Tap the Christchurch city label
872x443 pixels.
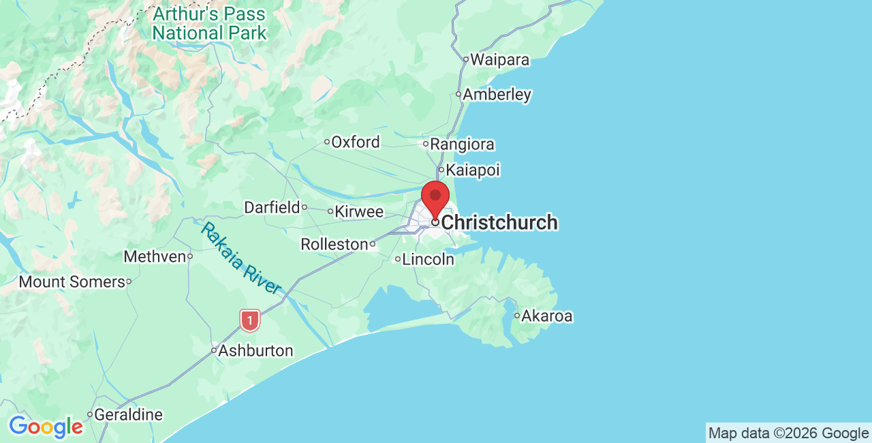[499, 223]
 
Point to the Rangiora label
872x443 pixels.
[462, 144]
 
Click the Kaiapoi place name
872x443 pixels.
[473, 170]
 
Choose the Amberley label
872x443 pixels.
[497, 95]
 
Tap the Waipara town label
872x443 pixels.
[499, 60]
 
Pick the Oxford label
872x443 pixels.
[356, 142]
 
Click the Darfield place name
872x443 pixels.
[272, 207]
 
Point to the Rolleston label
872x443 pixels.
[334, 244]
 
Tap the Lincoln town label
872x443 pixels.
[428, 259]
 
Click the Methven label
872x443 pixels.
[155, 257]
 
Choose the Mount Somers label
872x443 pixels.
[72, 281]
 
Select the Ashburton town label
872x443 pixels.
[255, 351]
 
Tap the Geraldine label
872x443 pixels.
[128, 414]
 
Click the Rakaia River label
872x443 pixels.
[240, 258]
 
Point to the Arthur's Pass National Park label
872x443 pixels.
[209, 23]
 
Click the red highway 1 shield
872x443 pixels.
[250, 320]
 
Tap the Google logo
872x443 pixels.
[46, 427]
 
